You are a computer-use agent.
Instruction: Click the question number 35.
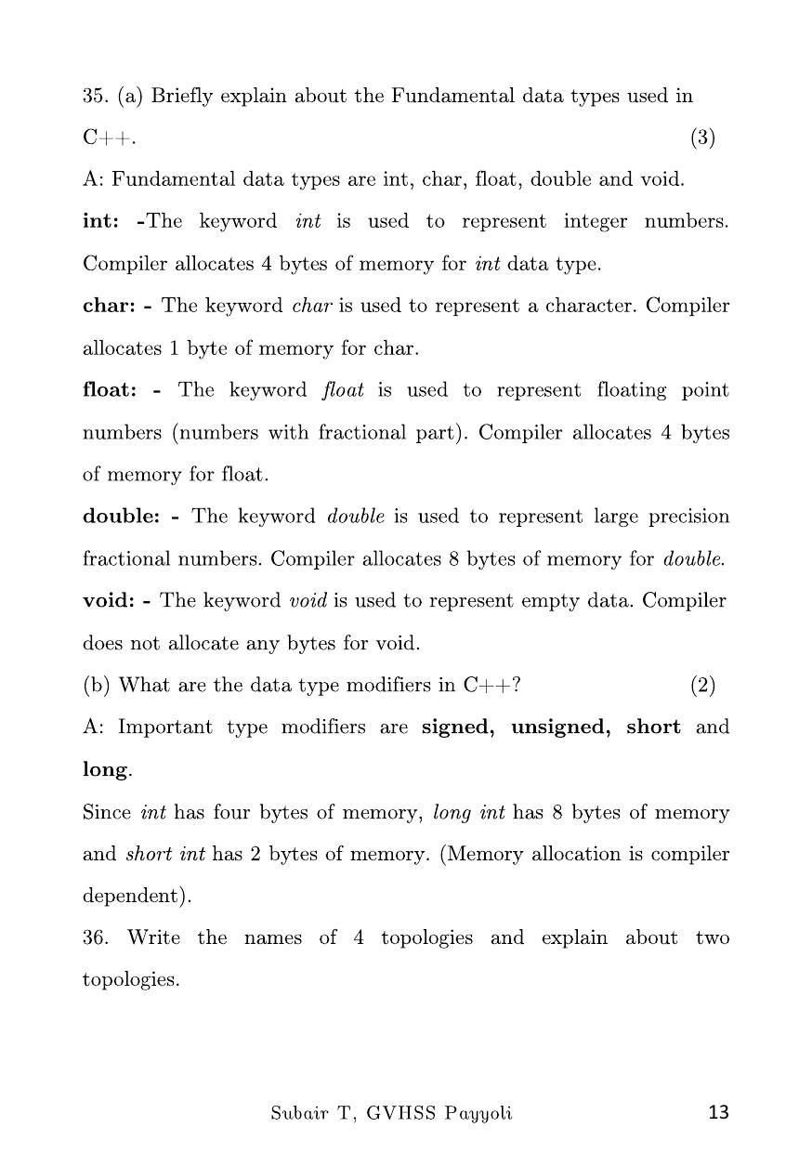point(96,96)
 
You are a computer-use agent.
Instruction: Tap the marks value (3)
point(702,138)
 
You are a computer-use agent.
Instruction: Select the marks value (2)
point(702,686)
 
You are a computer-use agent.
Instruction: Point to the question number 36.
point(96,937)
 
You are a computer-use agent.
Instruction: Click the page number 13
point(718,1112)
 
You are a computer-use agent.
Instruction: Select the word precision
point(685,518)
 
